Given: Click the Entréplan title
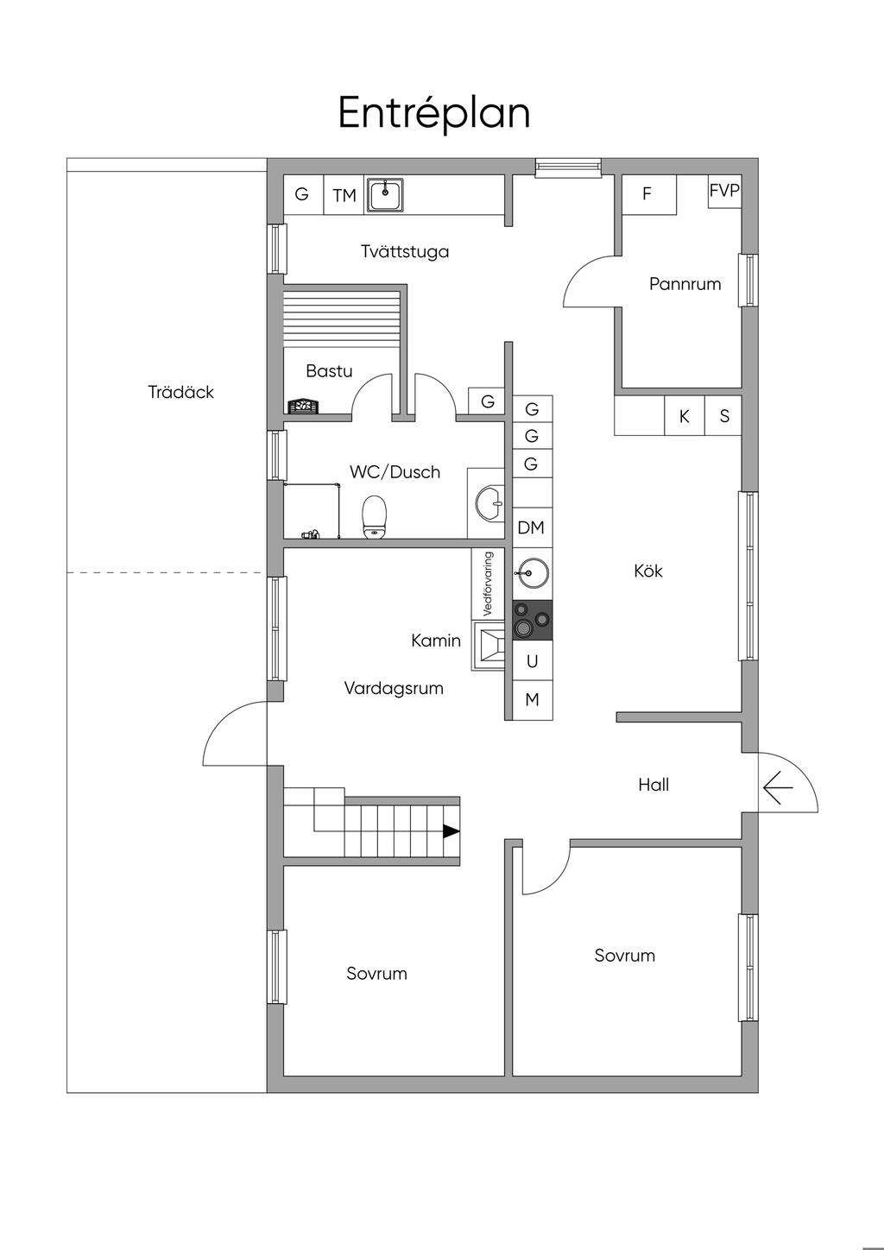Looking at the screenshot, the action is (433, 113).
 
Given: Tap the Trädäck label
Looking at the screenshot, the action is (180, 392).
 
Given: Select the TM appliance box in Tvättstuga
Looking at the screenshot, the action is (344, 195).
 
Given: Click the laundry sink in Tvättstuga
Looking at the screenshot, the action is (384, 195).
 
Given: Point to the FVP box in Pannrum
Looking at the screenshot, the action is (724, 192).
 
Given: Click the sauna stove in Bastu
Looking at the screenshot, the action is (304, 407).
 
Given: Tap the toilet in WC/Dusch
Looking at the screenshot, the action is (375, 517).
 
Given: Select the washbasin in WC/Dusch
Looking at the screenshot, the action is (489, 503).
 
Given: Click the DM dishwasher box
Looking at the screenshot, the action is (533, 527).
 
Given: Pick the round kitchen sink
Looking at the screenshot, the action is (533, 572).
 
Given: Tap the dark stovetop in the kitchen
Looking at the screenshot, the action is (533, 620).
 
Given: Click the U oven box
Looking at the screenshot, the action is (533, 660).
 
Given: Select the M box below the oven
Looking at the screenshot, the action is (533, 700).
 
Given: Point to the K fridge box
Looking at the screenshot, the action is (685, 416).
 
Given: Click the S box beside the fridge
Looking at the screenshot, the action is (723, 416).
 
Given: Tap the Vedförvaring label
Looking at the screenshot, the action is (488, 584).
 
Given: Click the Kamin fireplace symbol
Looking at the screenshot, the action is (489, 647).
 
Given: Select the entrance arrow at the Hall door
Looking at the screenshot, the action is (778, 787).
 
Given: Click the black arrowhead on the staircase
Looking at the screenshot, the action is (451, 831).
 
